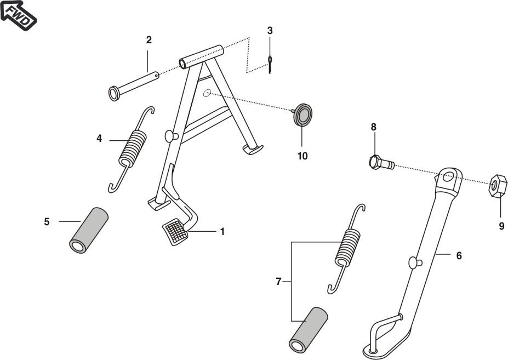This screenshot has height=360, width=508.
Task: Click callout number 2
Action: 149,40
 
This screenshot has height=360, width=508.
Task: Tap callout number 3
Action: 270,30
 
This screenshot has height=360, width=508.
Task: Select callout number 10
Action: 302,156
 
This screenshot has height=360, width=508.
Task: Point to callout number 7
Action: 278,282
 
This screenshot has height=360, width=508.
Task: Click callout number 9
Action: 501,226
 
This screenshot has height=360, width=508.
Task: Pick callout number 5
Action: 47,221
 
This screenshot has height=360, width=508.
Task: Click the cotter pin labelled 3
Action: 270,63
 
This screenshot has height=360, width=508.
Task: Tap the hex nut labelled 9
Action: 498,186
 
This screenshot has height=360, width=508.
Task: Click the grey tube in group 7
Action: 308,329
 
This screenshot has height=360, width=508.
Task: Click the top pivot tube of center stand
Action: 202,57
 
